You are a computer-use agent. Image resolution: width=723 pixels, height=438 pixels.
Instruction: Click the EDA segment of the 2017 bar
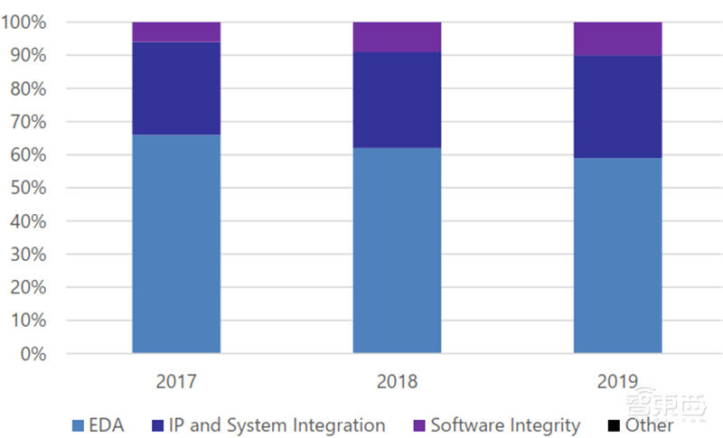click(176, 244)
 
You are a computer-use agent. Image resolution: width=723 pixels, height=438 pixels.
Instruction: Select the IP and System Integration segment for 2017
click(176, 89)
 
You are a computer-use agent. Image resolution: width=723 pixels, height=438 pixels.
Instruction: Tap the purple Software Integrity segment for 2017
click(176, 33)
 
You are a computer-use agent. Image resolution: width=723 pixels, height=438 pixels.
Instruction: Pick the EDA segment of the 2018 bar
click(397, 250)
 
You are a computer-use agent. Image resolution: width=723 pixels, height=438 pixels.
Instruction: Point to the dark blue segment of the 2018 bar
click(397, 99)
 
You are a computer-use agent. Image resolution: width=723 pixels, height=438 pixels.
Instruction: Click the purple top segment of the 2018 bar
click(397, 37)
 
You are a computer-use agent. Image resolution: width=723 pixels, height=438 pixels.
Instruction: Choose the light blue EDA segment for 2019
click(617, 256)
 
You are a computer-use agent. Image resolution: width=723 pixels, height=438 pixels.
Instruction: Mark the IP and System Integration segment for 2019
click(617, 107)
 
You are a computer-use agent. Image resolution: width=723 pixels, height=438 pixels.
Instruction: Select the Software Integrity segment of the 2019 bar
click(617, 39)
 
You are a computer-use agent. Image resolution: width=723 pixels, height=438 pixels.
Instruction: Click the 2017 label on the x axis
click(176, 382)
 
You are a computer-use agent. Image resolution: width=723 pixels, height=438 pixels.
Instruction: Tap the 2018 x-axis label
click(397, 382)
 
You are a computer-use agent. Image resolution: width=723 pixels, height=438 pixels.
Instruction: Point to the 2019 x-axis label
click(617, 382)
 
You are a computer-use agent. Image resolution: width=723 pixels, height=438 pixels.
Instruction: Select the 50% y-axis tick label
click(28, 188)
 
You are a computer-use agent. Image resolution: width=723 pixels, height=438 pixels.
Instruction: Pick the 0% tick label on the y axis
click(33, 354)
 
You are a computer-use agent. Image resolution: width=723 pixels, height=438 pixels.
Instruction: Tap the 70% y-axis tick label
click(28, 121)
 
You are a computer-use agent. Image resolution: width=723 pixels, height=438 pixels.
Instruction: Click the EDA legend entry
click(99, 424)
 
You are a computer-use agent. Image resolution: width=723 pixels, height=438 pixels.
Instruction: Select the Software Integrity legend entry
click(496, 424)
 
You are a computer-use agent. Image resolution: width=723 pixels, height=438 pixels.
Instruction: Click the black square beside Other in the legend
click(613, 425)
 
